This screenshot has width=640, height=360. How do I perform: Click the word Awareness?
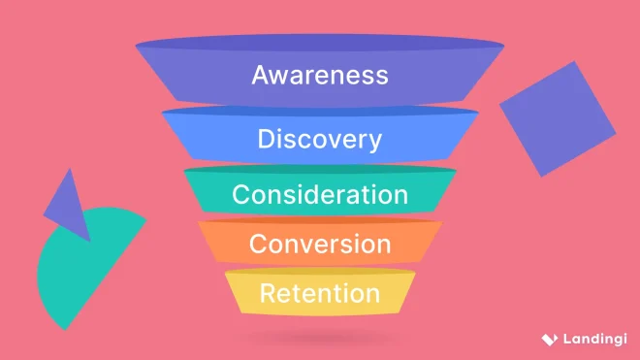[319, 75]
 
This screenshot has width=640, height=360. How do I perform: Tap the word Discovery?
[319, 139]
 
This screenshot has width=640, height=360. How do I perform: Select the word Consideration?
[319, 194]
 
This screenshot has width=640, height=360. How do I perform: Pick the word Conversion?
[319, 243]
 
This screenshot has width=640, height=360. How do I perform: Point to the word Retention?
[319, 292]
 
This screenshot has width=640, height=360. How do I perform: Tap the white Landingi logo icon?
[549, 339]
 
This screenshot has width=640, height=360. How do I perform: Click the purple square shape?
[557, 118]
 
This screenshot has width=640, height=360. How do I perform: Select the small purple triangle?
[69, 206]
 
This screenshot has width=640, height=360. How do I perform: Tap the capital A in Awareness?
[261, 75]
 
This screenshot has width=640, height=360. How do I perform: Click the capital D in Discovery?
[267, 139]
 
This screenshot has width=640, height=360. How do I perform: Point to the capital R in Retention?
[268, 292]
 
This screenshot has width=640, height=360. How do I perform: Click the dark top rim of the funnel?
[319, 44]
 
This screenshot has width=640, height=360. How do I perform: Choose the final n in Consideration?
[400, 195]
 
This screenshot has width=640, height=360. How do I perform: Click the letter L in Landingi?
[565, 339]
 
